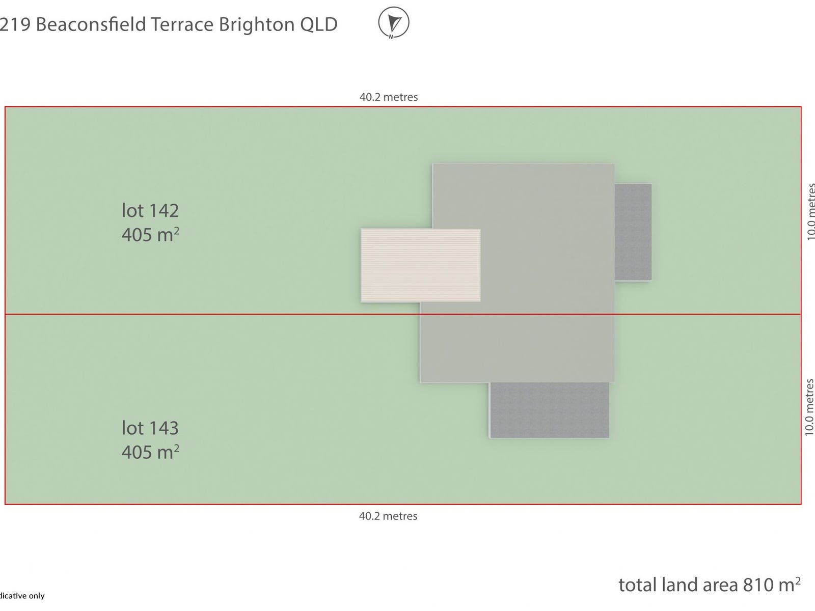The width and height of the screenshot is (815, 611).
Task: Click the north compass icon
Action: point(393,23)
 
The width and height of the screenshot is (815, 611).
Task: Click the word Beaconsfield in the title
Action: point(90,24)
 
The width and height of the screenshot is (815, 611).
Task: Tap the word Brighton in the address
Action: point(256,24)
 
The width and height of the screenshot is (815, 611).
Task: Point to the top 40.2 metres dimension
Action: point(389,97)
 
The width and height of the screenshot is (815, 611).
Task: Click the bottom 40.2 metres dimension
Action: point(388,516)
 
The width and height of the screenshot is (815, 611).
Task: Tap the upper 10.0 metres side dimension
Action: point(810,212)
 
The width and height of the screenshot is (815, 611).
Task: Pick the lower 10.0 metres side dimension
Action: point(809,407)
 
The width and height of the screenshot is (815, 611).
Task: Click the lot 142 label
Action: point(150,211)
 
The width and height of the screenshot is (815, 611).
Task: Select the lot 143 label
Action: point(150,428)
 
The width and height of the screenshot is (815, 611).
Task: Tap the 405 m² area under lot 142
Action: point(150,235)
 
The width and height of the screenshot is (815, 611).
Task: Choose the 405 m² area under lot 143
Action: point(150,452)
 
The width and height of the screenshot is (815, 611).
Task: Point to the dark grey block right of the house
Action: point(633,232)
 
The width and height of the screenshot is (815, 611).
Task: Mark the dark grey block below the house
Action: point(549,410)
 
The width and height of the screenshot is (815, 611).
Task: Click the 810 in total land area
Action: point(757,585)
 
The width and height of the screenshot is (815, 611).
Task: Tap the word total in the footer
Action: point(637,585)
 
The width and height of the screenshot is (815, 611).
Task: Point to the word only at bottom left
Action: point(36,596)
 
